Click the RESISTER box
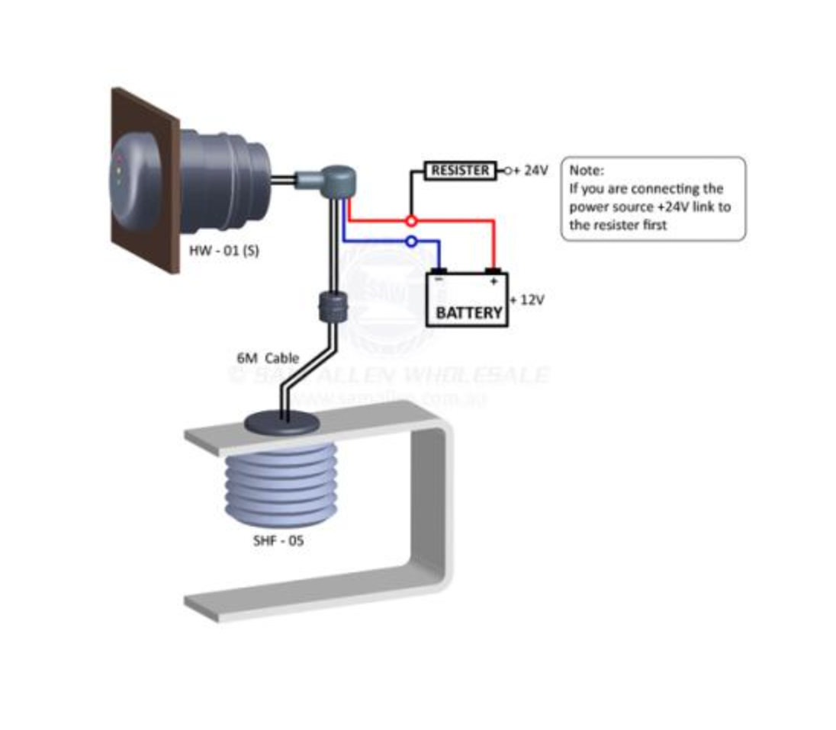pos(460,171)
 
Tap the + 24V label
pos(531,171)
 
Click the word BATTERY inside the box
pos(468,312)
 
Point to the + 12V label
pos(527,300)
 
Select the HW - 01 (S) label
pos(223,251)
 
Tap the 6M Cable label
pos(267,358)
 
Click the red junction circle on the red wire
pos(411,220)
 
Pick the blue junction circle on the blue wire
pos(411,242)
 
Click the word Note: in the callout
pos(586,171)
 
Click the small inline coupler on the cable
pos(330,309)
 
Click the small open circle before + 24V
pos(506,171)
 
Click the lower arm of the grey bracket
pos(305,591)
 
